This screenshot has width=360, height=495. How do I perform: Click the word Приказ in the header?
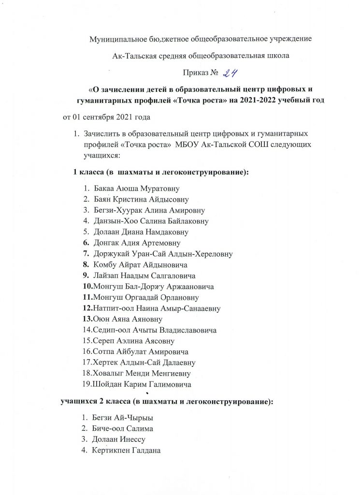click(195, 73)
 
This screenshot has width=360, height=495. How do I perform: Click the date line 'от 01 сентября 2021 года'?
click(107, 117)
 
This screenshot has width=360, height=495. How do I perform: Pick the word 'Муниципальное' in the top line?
click(115, 39)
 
